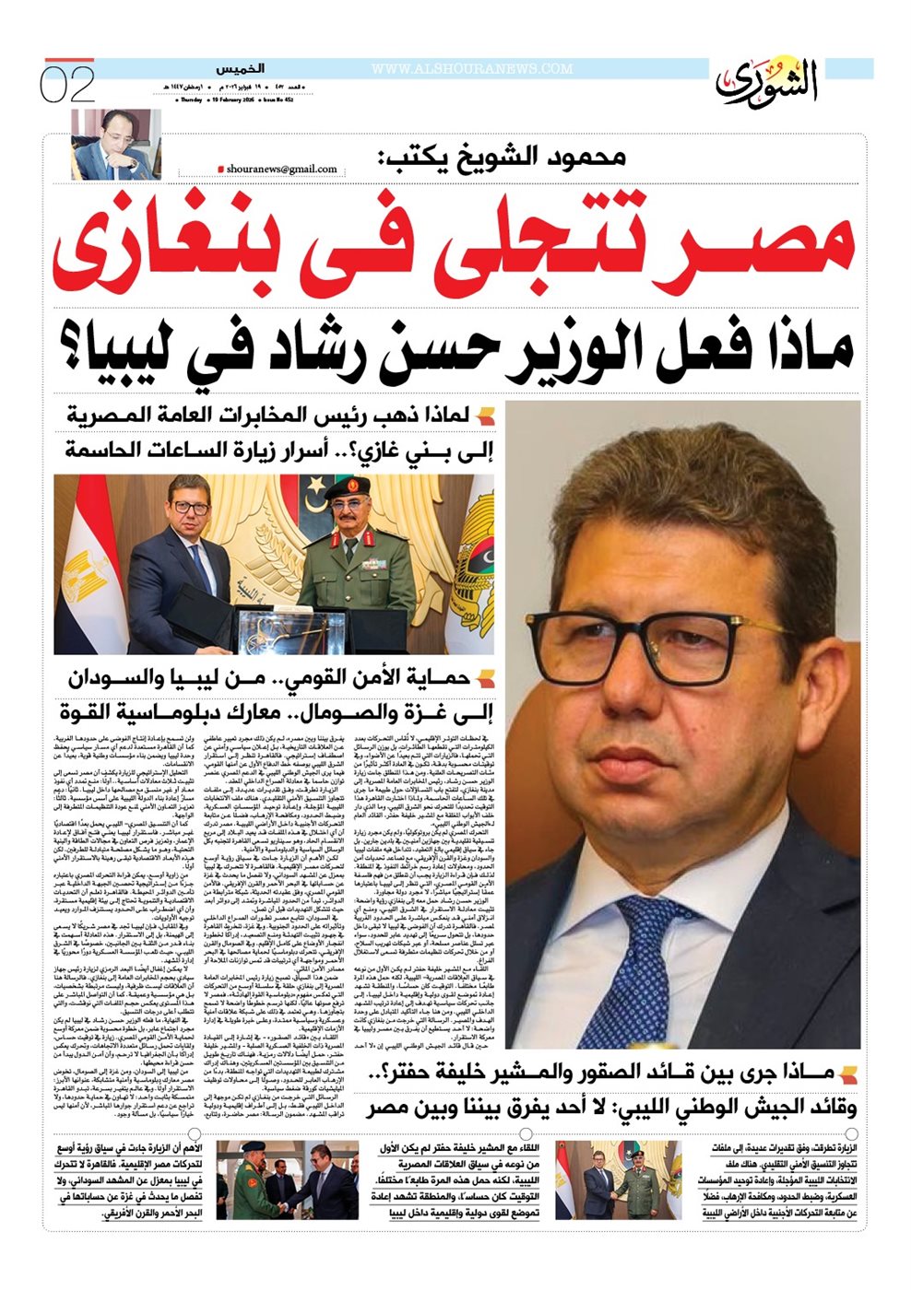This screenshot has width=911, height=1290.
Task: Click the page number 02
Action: click(x=67, y=84)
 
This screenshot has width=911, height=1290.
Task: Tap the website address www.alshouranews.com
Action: click(x=471, y=69)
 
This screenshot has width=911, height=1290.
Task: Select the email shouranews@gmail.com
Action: click(x=280, y=170)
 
